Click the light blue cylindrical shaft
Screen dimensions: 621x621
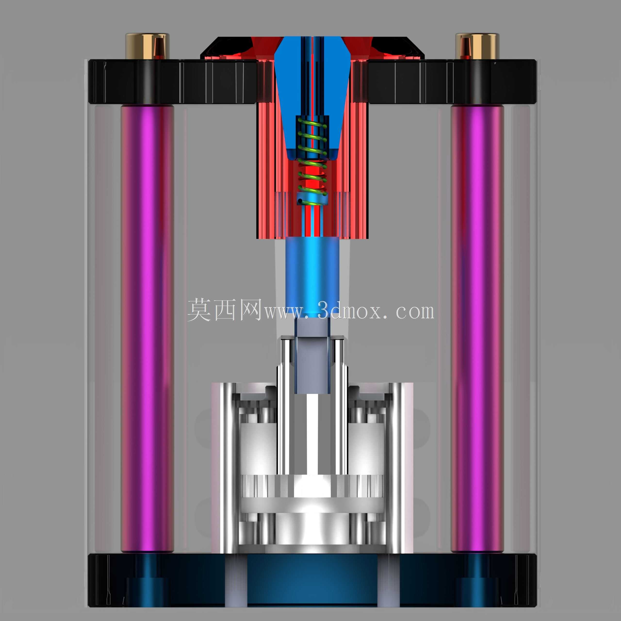click(x=312, y=278)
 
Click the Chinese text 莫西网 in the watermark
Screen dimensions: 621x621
click(x=224, y=310)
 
